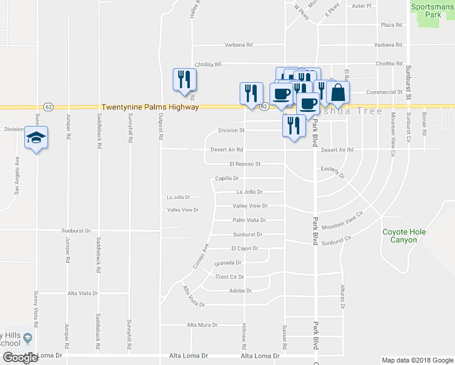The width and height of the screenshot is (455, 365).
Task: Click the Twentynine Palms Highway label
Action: (x=150, y=106)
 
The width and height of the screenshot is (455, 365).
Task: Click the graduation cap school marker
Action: (x=36, y=138)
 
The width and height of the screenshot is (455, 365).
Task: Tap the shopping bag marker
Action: (x=338, y=93)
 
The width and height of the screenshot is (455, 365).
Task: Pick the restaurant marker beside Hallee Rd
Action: (x=184, y=80)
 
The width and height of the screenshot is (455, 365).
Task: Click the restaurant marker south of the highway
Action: (x=293, y=125)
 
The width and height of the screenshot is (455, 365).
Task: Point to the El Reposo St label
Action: (x=245, y=164)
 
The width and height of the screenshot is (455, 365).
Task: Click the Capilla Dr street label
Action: (x=226, y=178)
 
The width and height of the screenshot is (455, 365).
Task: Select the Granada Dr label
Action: (x=228, y=263)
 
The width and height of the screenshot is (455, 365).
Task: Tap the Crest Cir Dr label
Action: (x=229, y=276)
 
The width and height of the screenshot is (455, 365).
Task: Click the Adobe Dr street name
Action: (x=236, y=290)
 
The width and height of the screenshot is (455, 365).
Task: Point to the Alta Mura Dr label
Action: (x=202, y=325)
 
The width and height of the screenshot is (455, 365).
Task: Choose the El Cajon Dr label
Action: (x=245, y=248)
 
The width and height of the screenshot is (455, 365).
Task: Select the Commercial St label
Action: (x=387, y=92)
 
